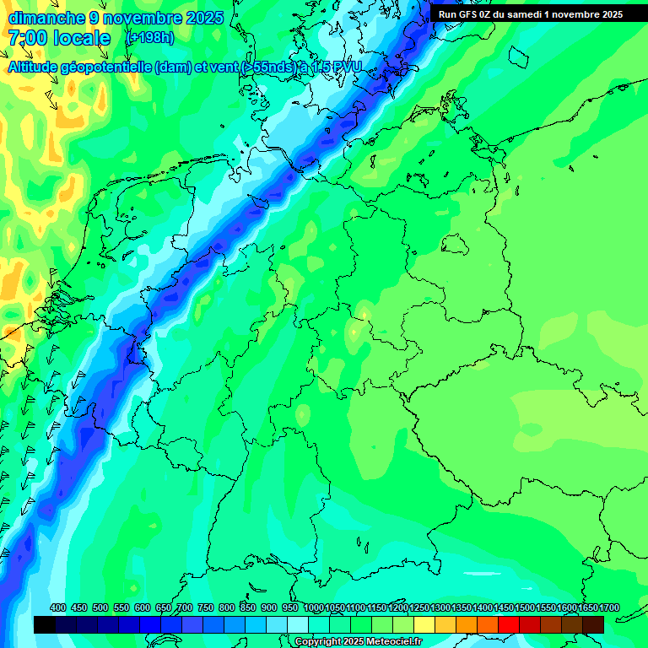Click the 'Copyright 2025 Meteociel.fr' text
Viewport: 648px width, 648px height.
pyautogui.click(x=358, y=642)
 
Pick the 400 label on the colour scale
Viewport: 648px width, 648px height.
pyautogui.click(x=58, y=608)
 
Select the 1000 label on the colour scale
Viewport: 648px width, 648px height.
pyautogui.click(x=314, y=608)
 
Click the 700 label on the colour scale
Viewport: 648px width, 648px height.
pyautogui.click(x=185, y=608)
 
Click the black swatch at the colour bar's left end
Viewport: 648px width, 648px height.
pyautogui.click(x=45, y=624)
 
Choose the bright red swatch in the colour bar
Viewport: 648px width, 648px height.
pyautogui.click(x=509, y=624)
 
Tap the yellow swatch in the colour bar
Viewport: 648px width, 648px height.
pyautogui.click(x=424, y=624)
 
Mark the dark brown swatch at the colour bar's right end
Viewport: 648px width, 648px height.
pyautogui.click(x=593, y=624)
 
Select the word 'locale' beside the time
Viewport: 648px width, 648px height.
pyautogui.click(x=81, y=38)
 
